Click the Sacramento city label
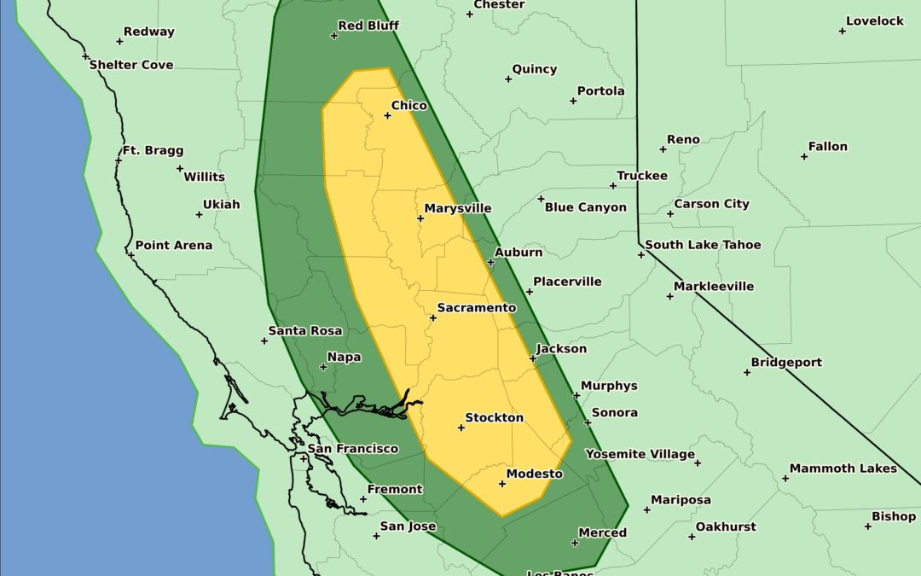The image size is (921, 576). (477, 307)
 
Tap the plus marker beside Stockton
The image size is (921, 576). (461, 428)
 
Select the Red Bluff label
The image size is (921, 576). (368, 26)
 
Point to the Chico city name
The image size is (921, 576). (409, 106)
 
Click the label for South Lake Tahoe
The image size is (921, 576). (703, 245)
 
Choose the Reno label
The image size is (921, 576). (683, 139)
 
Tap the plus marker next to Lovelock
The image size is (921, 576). (843, 31)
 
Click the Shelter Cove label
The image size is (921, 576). (131, 65)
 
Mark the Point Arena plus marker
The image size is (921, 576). (131, 254)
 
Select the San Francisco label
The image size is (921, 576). (353, 449)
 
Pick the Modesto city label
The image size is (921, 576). (535, 474)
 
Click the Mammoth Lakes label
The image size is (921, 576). (843, 468)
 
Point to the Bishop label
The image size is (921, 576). (894, 516)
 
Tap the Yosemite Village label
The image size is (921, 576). (640, 454)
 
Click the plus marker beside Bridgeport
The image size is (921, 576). (746, 372)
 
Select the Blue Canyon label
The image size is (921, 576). (585, 207)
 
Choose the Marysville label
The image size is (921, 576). (458, 208)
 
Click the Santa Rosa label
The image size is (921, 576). (305, 331)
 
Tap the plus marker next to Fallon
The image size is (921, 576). (804, 156)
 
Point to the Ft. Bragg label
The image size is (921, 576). (153, 150)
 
